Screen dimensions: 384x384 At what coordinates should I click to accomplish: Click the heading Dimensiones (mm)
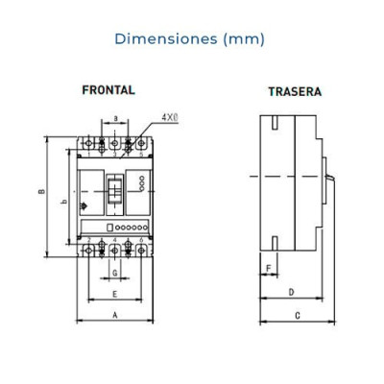pos(189,39)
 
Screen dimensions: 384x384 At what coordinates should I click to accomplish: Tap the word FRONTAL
pos(108,90)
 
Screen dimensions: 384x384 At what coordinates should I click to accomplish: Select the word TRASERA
pos(295,91)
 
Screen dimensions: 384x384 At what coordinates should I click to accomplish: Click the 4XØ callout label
pos(170,117)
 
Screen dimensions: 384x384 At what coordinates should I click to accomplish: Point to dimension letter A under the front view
pos(115,315)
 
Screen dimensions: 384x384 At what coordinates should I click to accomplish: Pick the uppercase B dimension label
pos(41,191)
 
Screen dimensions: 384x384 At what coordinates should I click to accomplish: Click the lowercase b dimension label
pos(64,202)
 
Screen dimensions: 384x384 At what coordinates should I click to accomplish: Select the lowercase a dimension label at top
pos(116,119)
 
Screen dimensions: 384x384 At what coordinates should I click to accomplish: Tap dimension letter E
pos(115,294)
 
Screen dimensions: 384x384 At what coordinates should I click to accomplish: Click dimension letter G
pos(115,273)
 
